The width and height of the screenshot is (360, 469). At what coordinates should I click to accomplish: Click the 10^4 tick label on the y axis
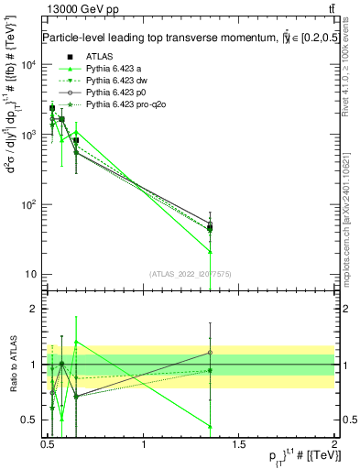[28, 65]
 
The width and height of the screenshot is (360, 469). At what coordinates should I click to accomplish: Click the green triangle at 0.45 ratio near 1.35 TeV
[211, 426]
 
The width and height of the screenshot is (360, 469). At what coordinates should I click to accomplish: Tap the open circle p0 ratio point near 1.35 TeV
[211, 352]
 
